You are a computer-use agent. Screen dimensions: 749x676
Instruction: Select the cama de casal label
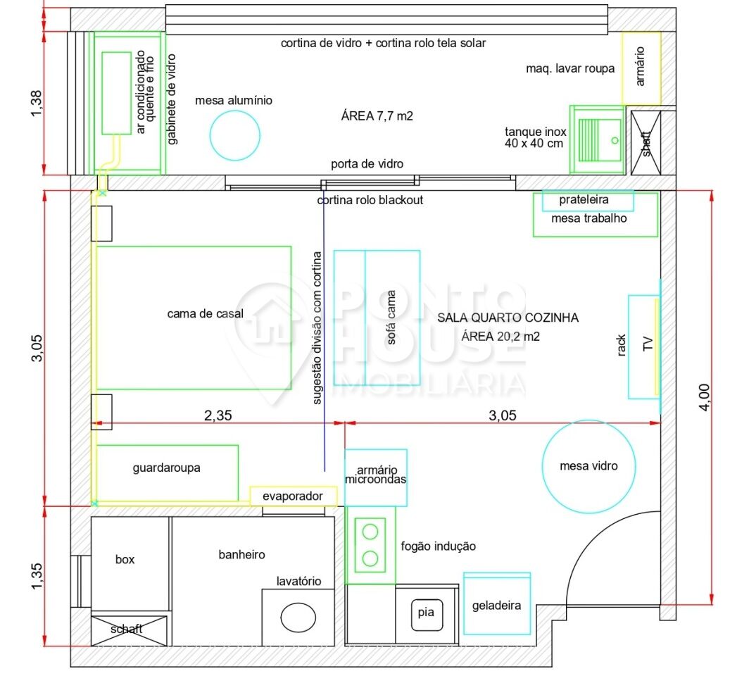point(206,314)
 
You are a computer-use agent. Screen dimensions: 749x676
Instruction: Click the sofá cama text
point(391,317)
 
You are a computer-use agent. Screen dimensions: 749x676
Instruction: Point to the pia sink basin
point(427,615)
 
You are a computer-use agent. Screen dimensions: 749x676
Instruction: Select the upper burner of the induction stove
point(370,531)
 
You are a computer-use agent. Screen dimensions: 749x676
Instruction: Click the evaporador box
point(294,496)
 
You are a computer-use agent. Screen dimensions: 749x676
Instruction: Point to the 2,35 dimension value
point(218,415)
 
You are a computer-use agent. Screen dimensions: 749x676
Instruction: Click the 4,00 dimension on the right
point(704,397)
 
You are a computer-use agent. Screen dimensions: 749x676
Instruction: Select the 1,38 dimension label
point(37,104)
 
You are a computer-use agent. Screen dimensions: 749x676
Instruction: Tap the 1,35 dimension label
point(37,576)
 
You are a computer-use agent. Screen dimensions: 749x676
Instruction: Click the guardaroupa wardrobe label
point(166,468)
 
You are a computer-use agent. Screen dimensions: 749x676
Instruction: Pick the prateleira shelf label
point(584,200)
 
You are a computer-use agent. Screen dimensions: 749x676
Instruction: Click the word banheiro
point(241,555)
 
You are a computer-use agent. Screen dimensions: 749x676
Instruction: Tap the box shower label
point(125,559)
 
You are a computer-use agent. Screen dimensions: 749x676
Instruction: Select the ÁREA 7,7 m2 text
point(377,116)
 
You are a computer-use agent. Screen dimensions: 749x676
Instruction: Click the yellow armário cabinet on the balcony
point(641,68)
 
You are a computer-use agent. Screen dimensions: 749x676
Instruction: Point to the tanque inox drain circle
point(615,140)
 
